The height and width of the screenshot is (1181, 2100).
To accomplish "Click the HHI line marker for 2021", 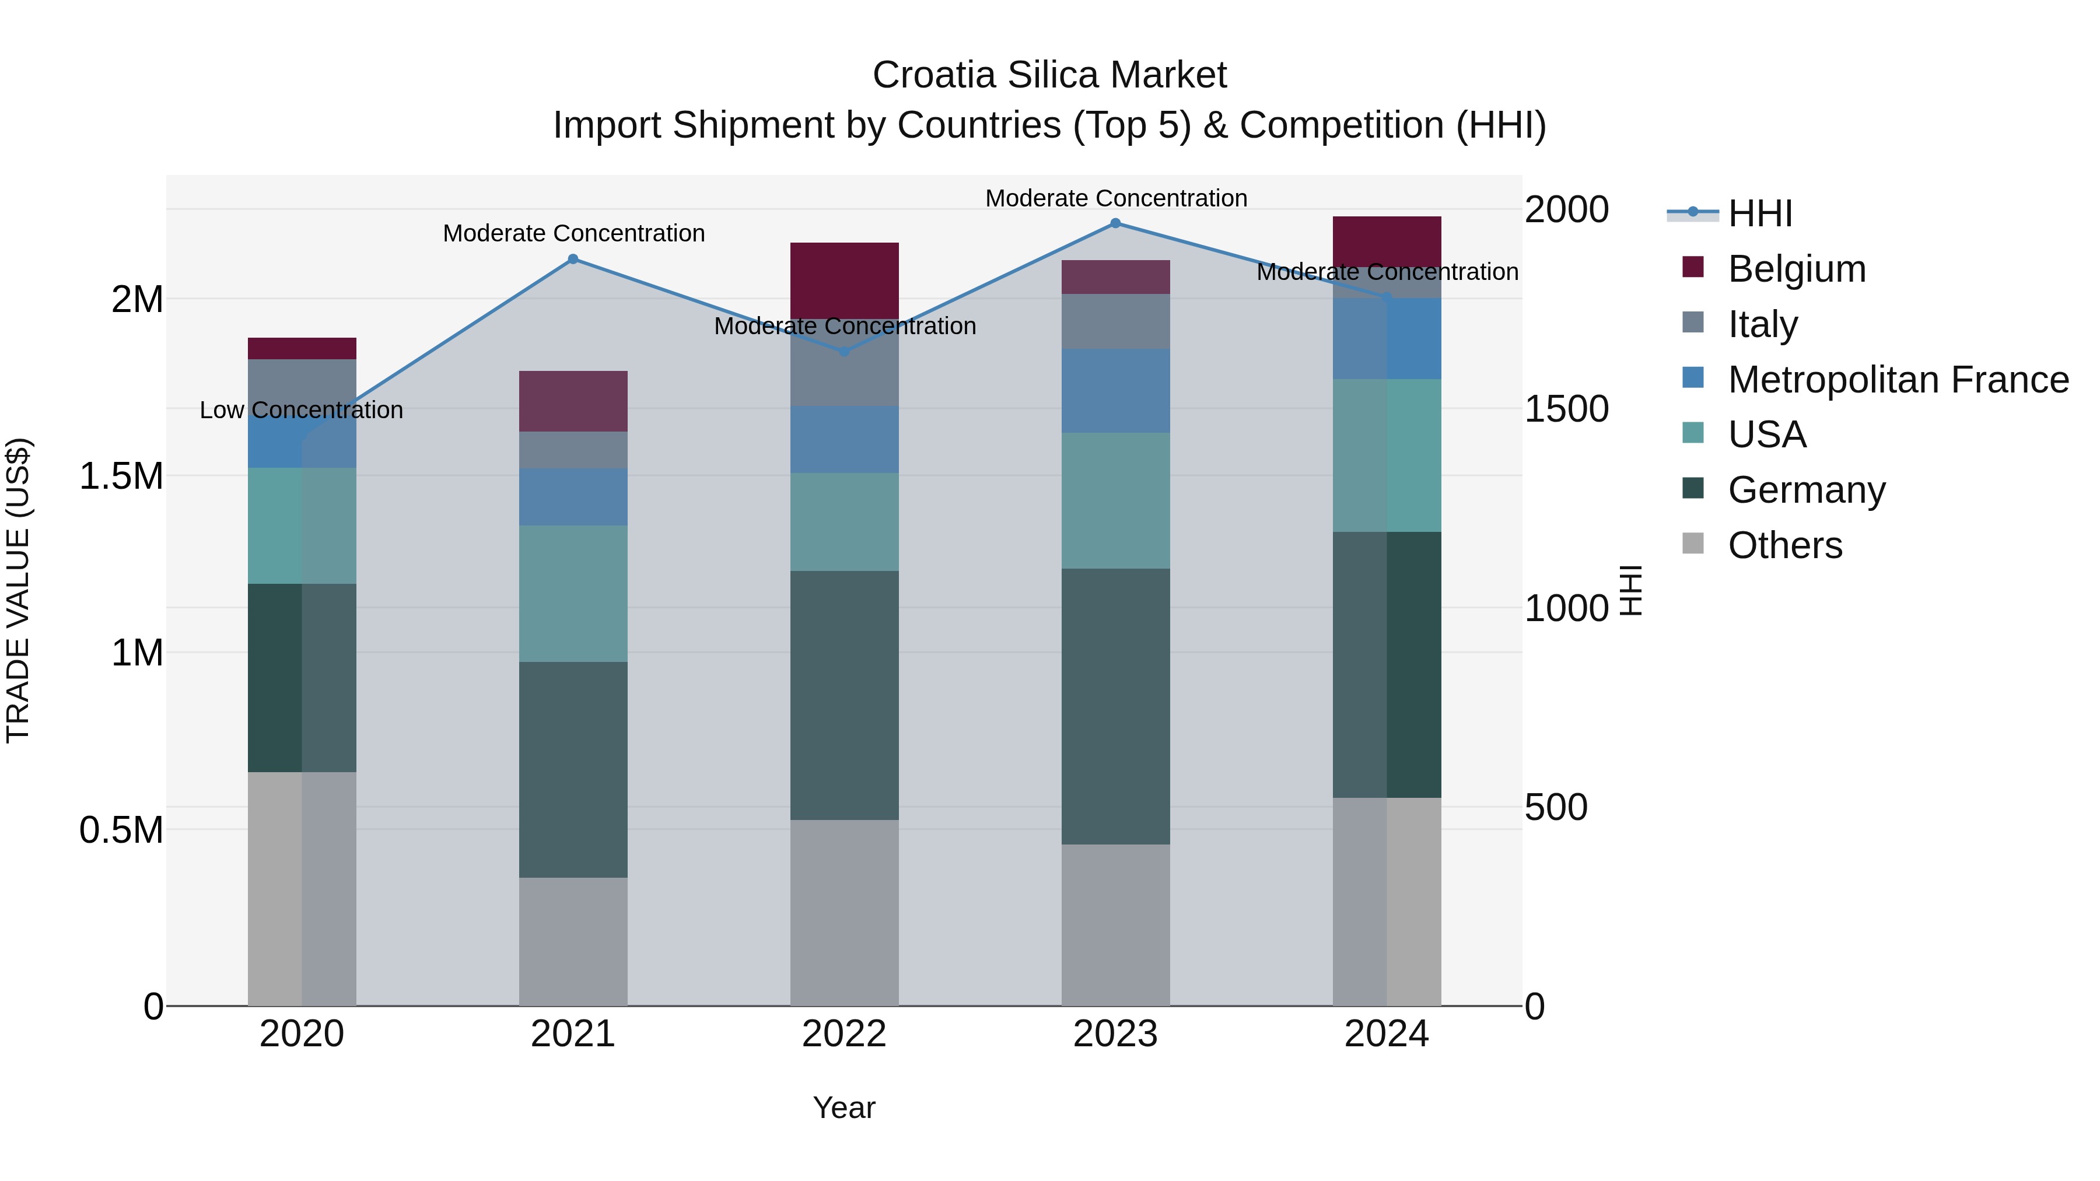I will pyautogui.click(x=573, y=259).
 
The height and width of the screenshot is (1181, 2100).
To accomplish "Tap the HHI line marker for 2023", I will pyautogui.click(x=1115, y=223).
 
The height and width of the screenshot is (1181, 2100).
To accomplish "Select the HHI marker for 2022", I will pyautogui.click(x=845, y=351).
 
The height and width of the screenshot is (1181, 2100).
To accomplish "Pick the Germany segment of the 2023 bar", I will pyautogui.click(x=1115, y=705).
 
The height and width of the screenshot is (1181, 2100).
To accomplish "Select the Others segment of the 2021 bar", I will pyautogui.click(x=573, y=941).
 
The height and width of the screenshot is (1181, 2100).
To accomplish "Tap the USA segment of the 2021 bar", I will pyautogui.click(x=573, y=593).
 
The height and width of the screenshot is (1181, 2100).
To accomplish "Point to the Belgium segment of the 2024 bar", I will pyautogui.click(x=1387, y=241).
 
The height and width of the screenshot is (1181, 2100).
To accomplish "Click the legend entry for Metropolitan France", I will pyautogui.click(x=1898, y=380).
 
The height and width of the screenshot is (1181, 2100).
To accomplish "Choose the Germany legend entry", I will pyautogui.click(x=1807, y=490).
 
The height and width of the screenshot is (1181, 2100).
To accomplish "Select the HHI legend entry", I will pyautogui.click(x=1760, y=213).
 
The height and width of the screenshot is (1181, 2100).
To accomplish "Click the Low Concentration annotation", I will pyautogui.click(x=301, y=410).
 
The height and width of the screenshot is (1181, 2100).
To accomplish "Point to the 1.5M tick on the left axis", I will pyautogui.click(x=121, y=476).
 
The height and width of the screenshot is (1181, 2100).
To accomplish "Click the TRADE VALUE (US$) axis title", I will pyautogui.click(x=18, y=591).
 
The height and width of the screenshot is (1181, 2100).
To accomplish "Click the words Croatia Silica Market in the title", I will pyautogui.click(x=1049, y=75).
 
